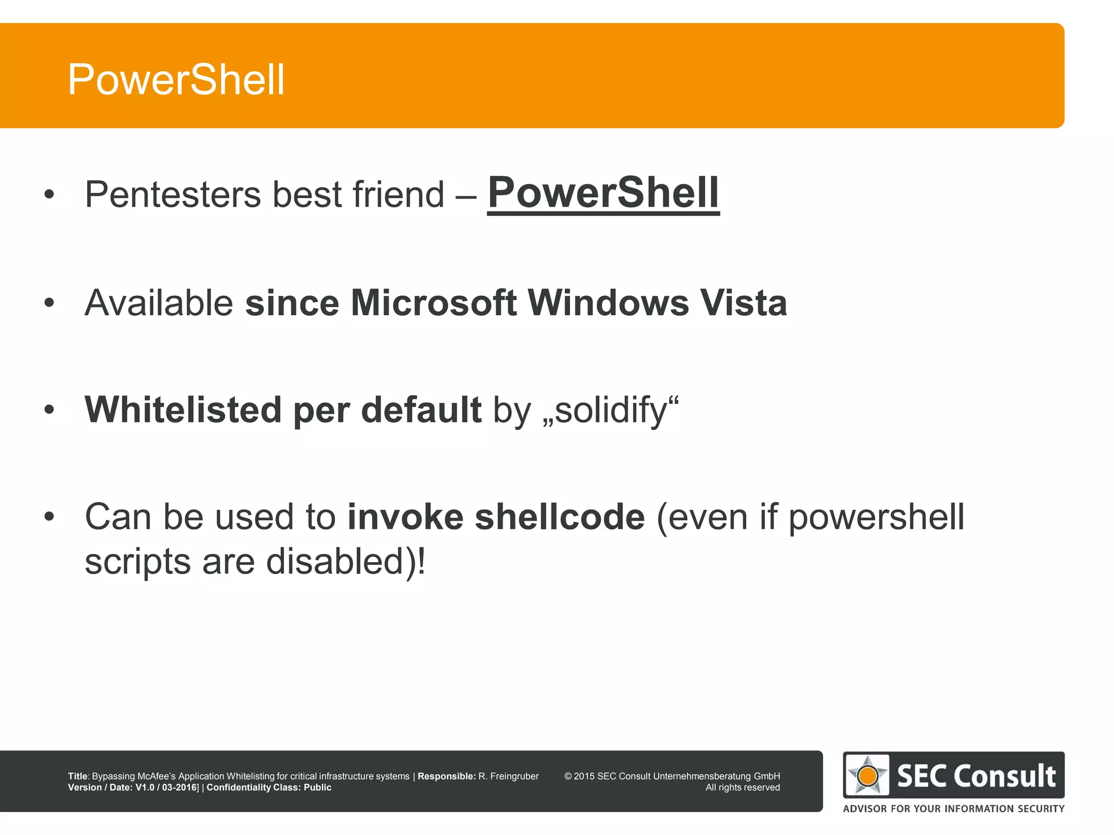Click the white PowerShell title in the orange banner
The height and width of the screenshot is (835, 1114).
(x=176, y=80)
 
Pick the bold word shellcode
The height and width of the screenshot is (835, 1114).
(x=560, y=517)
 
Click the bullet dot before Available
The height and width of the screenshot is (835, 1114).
(x=49, y=303)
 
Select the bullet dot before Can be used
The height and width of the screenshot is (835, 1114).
(x=49, y=517)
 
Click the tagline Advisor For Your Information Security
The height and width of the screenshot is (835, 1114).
(x=954, y=808)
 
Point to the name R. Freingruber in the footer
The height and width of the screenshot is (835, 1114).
(x=508, y=776)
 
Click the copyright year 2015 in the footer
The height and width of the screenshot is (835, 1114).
(x=584, y=776)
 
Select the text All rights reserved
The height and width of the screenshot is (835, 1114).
(x=742, y=788)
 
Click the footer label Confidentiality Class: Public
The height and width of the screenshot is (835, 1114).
(x=269, y=788)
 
